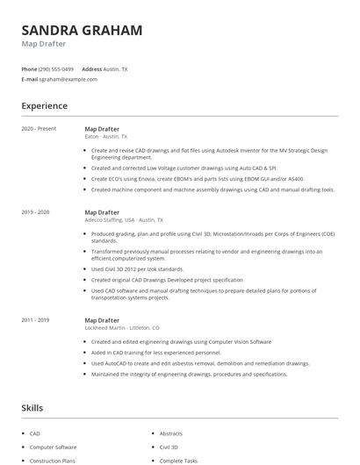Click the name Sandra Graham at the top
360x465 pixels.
pyautogui.click(x=82, y=30)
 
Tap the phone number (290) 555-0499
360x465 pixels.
pyautogui.click(x=57, y=68)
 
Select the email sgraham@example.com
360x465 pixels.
pyautogui.click(x=68, y=79)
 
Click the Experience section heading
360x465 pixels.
pyautogui.click(x=45, y=106)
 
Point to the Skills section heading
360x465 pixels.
pyautogui.click(x=32, y=407)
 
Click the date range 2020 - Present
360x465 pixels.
pyautogui.click(x=40, y=128)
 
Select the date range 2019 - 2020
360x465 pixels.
pyautogui.click(x=36, y=211)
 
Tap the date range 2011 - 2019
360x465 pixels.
pyautogui.click(x=36, y=320)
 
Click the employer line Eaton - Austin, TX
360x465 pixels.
pyautogui.click(x=106, y=137)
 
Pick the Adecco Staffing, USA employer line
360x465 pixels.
pyautogui.click(x=124, y=220)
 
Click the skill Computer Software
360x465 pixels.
pyautogui.click(x=53, y=447)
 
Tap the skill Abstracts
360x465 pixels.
pyautogui.click(x=171, y=433)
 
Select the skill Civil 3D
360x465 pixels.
pyautogui.click(x=169, y=447)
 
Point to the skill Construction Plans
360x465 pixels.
pyautogui.click(x=53, y=461)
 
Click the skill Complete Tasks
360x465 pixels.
pyautogui.click(x=178, y=461)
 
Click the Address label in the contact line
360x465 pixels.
pyautogui.click(x=92, y=68)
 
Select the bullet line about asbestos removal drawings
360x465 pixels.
pyautogui.click(x=200, y=363)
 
